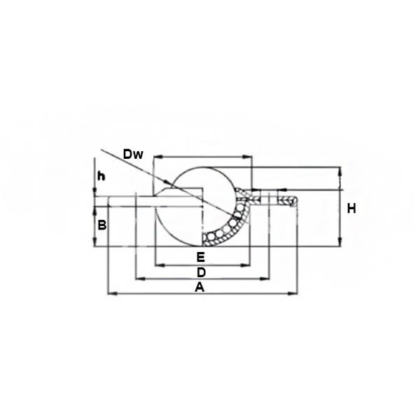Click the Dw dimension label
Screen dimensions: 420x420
pyautogui.click(x=133, y=155)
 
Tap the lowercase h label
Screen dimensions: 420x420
pyautogui.click(x=101, y=176)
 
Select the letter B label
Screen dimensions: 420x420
pyautogui.click(x=102, y=225)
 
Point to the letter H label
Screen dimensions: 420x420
pyautogui.click(x=351, y=209)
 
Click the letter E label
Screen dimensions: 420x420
pyautogui.click(x=201, y=258)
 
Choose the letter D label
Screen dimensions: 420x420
pyautogui.click(x=201, y=273)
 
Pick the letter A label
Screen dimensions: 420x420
pyautogui.click(x=199, y=288)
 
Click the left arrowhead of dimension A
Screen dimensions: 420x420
pyautogui.click(x=113, y=294)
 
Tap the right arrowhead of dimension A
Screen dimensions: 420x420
pyautogui.click(x=292, y=294)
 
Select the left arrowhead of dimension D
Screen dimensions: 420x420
pyautogui.click(x=141, y=279)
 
